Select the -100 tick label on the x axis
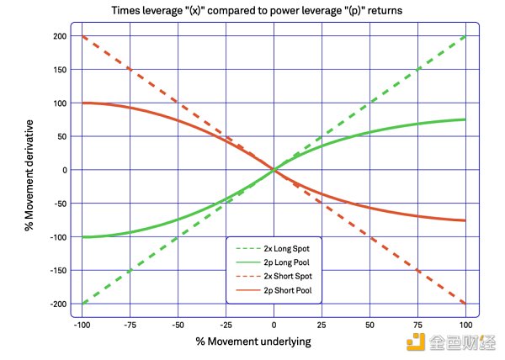(82, 324)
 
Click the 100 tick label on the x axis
(465, 324)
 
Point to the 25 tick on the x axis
(322, 324)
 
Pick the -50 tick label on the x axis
(178, 324)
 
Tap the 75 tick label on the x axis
(417, 324)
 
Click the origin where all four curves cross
(274, 170)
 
